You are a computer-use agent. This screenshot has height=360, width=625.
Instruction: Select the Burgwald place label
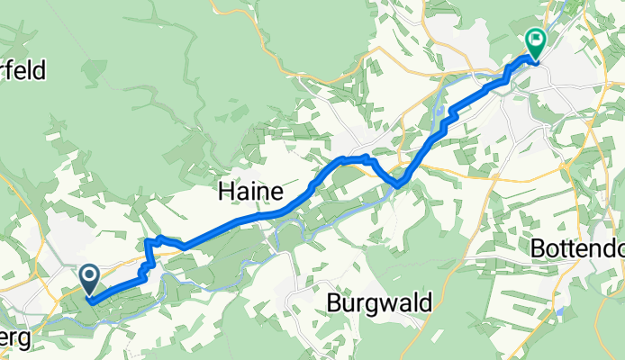point(378,301)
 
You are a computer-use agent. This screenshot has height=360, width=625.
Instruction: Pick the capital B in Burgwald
point(332,301)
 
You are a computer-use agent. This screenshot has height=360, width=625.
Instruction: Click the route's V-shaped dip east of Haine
point(396,184)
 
